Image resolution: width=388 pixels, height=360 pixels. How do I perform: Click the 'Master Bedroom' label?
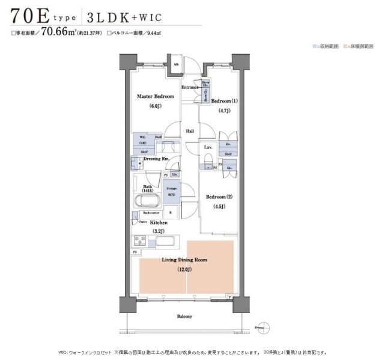click(x=155, y=96)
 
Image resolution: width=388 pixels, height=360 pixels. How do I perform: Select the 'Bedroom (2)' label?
click(x=219, y=197)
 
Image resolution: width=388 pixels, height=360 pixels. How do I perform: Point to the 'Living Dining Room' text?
click(x=184, y=260)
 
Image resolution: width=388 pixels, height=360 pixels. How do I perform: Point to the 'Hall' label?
click(x=190, y=130)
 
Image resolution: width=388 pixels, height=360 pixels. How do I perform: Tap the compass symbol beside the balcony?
click(x=262, y=328)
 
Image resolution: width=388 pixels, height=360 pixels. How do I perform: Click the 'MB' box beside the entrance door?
click(x=176, y=64)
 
